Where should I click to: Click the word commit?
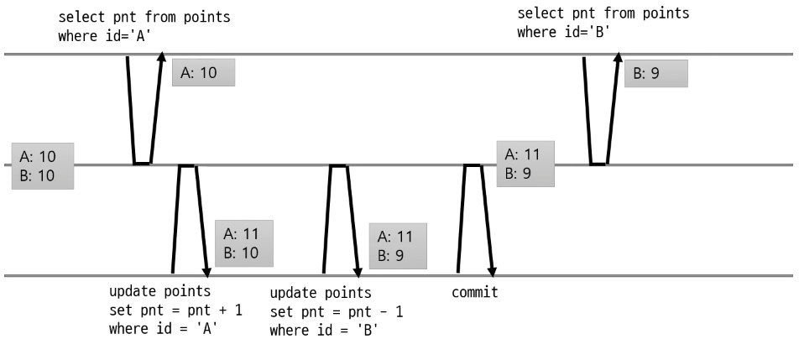[474, 293]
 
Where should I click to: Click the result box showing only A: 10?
[203, 73]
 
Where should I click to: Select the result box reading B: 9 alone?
[655, 73]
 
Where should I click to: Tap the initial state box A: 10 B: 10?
[42, 165]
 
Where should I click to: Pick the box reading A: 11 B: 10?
[244, 243]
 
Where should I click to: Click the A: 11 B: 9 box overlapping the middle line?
[525, 164]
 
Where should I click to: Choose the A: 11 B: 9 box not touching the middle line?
[398, 245]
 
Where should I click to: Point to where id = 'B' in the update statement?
[323, 330]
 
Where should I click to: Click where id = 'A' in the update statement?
[163, 328]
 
